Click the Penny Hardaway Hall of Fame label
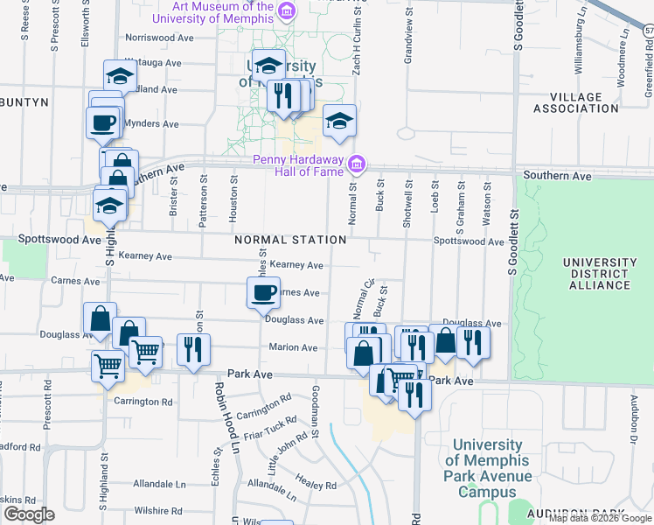pyautogui.click(x=298, y=165)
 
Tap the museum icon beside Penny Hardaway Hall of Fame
pyautogui.click(x=357, y=164)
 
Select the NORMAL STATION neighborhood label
pyautogui.click(x=289, y=240)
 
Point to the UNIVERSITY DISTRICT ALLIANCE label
pyautogui.click(x=599, y=273)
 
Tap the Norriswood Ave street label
pyautogui.click(x=159, y=38)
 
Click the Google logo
pyautogui.click(x=28, y=514)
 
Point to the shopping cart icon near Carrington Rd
pyautogui.click(x=108, y=366)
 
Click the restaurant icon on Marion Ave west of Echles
pyautogui.click(x=190, y=349)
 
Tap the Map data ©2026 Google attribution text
pyautogui.click(x=599, y=518)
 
